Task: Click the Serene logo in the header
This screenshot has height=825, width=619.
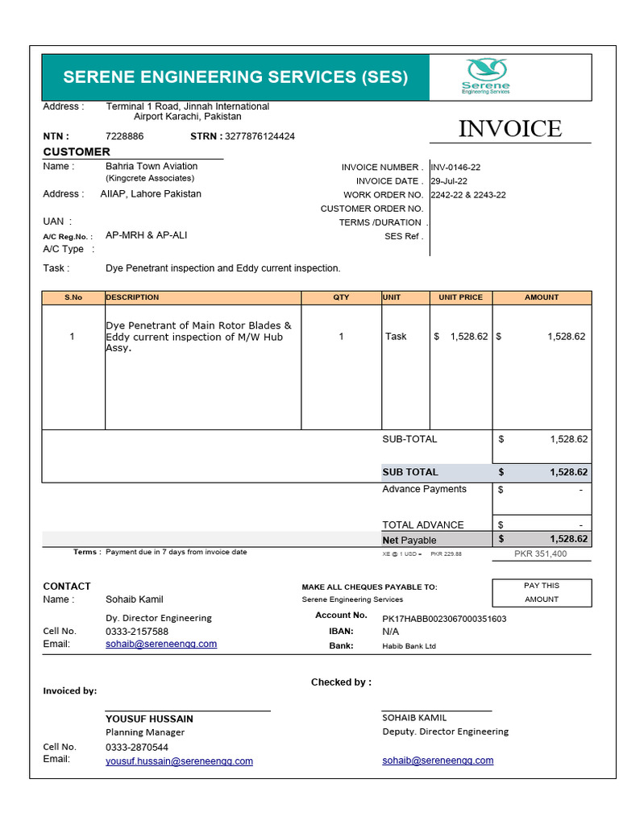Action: click(485, 76)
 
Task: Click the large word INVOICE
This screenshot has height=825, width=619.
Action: click(509, 128)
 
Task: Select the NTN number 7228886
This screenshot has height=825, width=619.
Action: click(125, 136)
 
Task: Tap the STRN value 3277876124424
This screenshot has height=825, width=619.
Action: click(260, 136)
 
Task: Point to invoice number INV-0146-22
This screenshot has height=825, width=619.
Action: click(456, 168)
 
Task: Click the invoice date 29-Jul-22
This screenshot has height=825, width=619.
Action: click(450, 181)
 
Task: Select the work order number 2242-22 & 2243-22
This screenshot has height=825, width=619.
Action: click(468, 195)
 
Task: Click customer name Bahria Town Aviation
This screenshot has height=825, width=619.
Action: click(152, 166)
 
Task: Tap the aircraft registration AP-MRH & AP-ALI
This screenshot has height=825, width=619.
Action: click(147, 235)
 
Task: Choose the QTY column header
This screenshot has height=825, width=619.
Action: click(341, 297)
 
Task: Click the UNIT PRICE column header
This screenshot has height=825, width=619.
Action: click(460, 297)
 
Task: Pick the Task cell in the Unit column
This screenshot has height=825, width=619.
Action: click(396, 336)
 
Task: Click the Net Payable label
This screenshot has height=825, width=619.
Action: click(409, 540)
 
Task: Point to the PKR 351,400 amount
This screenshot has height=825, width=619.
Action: click(540, 553)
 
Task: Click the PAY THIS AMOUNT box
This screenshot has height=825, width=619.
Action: click(542, 592)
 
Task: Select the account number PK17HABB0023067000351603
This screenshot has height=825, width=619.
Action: click(444, 618)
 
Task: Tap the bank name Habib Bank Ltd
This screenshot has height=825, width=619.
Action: click(409, 646)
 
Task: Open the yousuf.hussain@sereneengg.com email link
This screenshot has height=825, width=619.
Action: click(179, 761)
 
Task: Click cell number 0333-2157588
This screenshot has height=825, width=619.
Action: click(137, 632)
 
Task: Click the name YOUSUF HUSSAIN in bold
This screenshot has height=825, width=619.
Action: click(149, 719)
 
